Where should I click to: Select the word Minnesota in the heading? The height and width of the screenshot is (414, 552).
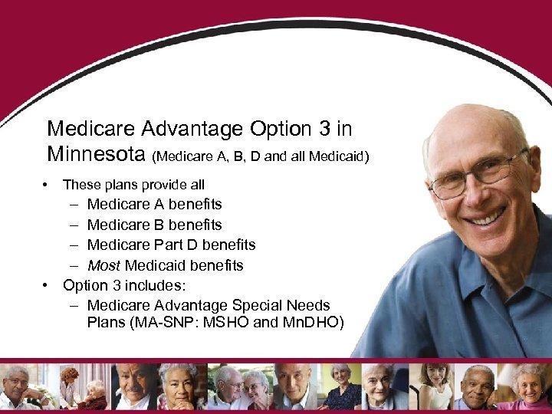coord(96,153)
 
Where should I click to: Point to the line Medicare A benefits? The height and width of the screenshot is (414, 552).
coord(154,204)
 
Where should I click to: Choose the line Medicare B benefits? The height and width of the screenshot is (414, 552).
coord(154,225)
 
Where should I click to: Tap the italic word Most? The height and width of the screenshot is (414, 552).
coord(103,265)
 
